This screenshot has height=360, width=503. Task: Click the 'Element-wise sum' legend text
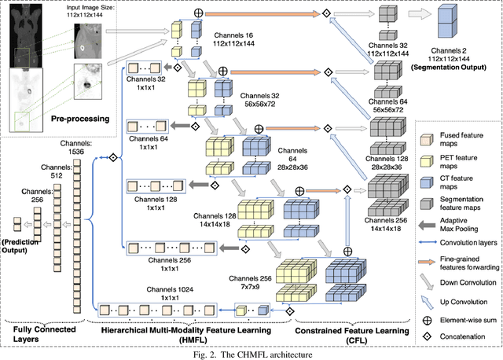[x=467, y=320]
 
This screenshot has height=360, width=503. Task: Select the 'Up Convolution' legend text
[x=463, y=303]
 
